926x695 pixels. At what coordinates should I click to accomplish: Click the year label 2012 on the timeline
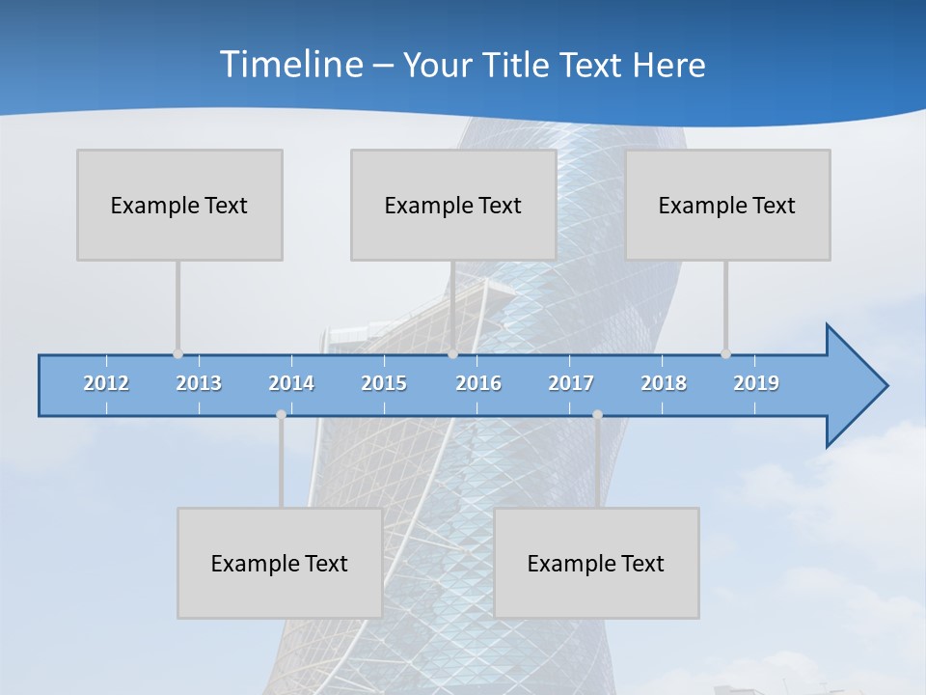point(106,383)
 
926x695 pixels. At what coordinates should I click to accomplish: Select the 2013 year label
point(199,383)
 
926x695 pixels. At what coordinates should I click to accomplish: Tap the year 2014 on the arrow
point(291,383)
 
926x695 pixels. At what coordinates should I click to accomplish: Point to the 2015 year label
point(384,383)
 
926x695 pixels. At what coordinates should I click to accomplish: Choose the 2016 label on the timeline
point(478,383)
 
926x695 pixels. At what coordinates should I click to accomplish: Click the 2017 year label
point(571,383)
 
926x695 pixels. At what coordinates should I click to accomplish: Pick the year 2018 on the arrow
point(664,383)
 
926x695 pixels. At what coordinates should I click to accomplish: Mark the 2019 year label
point(756,383)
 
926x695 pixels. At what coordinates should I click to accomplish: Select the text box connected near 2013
point(179,205)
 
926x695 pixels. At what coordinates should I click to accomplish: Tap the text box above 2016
point(453,205)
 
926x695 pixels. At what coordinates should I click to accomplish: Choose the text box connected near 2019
point(727,205)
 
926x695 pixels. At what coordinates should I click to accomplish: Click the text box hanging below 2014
point(280,563)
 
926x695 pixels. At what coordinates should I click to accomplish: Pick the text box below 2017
point(596,563)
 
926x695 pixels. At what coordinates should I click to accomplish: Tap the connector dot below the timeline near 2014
point(281,414)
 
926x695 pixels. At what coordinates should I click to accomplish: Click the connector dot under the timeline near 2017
point(597,414)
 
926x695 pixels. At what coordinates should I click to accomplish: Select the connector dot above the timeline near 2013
point(177,353)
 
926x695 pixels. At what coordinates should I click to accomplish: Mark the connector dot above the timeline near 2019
point(725,353)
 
